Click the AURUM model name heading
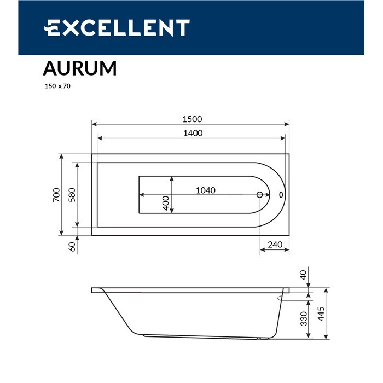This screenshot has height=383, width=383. point(79,68)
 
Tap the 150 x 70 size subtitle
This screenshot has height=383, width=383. point(57,86)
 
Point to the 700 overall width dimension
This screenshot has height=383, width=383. point(56,195)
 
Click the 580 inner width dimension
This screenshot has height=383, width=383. point(71,195)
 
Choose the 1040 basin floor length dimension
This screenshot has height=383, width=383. point(206,190)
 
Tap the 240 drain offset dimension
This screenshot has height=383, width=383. point(275,245)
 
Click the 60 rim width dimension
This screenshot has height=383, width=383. point(71,247)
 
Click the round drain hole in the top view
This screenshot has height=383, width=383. point(260,194)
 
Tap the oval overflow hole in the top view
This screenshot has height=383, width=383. point(281,194)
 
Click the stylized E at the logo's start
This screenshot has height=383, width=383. point(53,28)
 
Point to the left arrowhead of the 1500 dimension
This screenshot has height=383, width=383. point(94,124)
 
